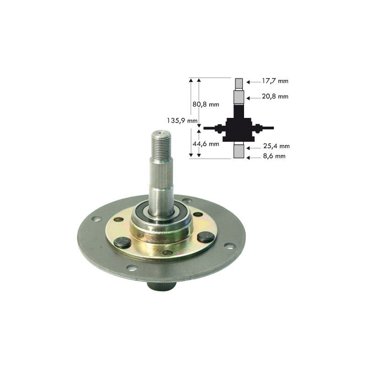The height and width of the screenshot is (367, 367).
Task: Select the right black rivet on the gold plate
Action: point(205,237)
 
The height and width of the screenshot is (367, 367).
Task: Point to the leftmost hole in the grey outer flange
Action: point(96,219)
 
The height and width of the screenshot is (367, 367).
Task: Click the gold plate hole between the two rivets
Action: point(167,252)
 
